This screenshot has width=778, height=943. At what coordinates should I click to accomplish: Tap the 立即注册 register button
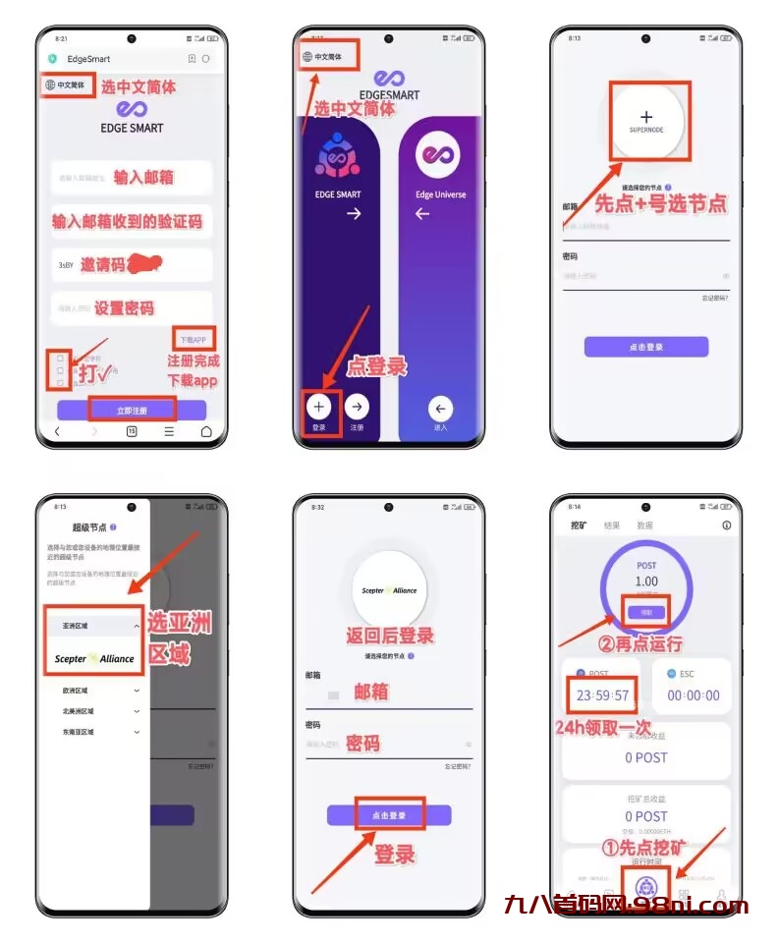click(x=132, y=409)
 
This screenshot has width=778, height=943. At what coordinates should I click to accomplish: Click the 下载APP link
click(x=192, y=340)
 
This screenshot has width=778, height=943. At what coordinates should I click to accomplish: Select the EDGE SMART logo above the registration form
click(x=132, y=116)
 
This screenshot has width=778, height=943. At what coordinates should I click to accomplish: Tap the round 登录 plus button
click(x=319, y=407)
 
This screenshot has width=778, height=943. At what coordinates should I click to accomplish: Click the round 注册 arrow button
click(x=358, y=407)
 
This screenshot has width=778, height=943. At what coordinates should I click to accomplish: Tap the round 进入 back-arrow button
click(x=440, y=408)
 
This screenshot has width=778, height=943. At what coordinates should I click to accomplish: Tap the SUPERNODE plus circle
click(x=646, y=121)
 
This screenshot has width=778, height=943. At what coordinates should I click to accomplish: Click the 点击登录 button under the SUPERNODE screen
click(x=645, y=347)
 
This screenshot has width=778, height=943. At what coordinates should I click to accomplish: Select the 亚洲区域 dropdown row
click(x=94, y=625)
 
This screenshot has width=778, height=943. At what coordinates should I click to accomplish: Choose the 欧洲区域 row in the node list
click(x=94, y=691)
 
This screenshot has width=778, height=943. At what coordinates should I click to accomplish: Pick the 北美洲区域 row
click(x=94, y=711)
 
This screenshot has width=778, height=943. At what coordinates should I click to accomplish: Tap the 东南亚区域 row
click(x=94, y=732)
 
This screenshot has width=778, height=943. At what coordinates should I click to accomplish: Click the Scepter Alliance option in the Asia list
click(x=94, y=659)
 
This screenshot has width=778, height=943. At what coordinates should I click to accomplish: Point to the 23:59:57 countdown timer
click(x=599, y=695)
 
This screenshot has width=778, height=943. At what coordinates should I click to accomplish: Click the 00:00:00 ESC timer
click(x=693, y=695)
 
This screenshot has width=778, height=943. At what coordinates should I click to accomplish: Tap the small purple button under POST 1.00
click(x=646, y=612)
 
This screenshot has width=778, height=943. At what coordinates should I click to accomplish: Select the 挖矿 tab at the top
click(x=580, y=526)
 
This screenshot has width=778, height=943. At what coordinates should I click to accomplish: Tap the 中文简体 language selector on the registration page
click(x=67, y=85)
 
